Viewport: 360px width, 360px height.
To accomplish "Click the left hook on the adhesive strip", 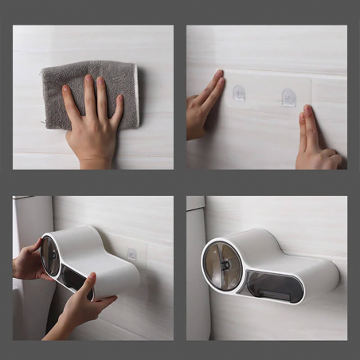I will tap(239, 95).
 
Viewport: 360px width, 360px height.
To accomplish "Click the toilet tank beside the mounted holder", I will tap(195, 271).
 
